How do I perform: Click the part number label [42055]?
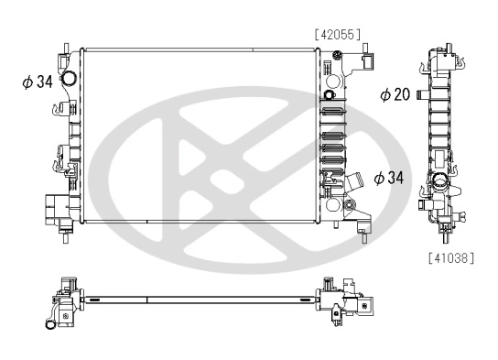tap(337, 34)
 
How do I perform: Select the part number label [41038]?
tap(451, 259)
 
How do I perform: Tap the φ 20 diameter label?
tap(395, 94)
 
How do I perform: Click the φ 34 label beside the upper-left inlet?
tap(38, 82)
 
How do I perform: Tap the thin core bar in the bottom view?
tap(201, 299)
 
